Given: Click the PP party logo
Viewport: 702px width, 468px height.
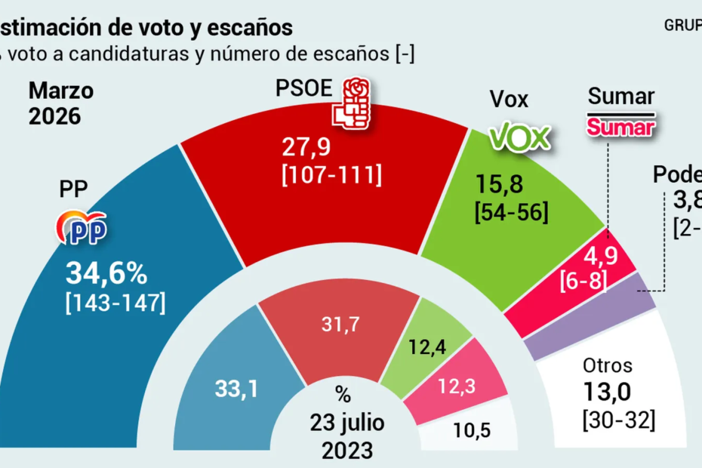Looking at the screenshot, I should coord(82,228).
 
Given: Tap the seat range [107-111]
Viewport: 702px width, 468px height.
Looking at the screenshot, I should coord(331,175).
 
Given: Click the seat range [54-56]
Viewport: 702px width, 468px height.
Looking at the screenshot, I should coord(511,212).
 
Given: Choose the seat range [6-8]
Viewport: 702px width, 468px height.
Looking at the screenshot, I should coord(583,282).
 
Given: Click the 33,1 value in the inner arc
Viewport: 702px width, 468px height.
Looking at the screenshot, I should coord(236,390).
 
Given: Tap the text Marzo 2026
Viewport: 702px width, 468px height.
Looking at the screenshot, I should coord(61,104).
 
